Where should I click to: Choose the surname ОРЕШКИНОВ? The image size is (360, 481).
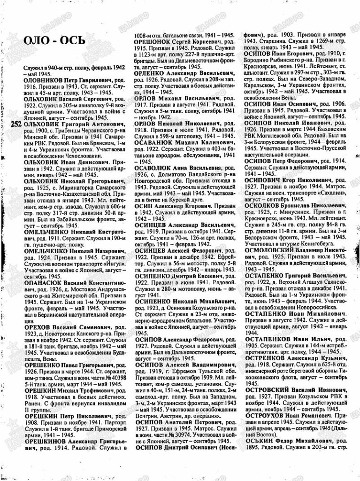pyautogui.click(x=45, y=442)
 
